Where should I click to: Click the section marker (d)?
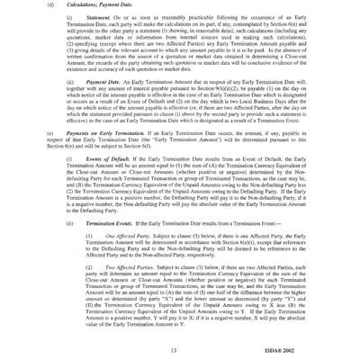pyautogui.click(x=36, y=13)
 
